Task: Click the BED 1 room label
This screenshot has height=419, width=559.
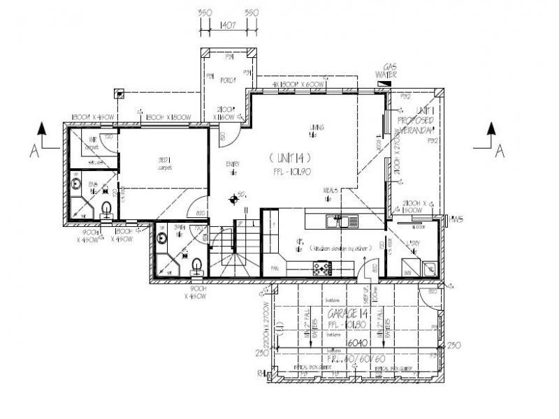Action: (x=165, y=163)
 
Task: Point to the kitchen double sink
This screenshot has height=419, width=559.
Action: (x=343, y=222)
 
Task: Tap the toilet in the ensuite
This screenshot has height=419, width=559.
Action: (x=106, y=208)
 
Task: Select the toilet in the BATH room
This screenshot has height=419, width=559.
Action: (x=198, y=265)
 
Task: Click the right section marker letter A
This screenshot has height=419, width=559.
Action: (x=499, y=151)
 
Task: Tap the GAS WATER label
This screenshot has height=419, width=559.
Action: (x=386, y=70)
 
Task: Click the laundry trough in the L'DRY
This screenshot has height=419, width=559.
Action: (x=428, y=268)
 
